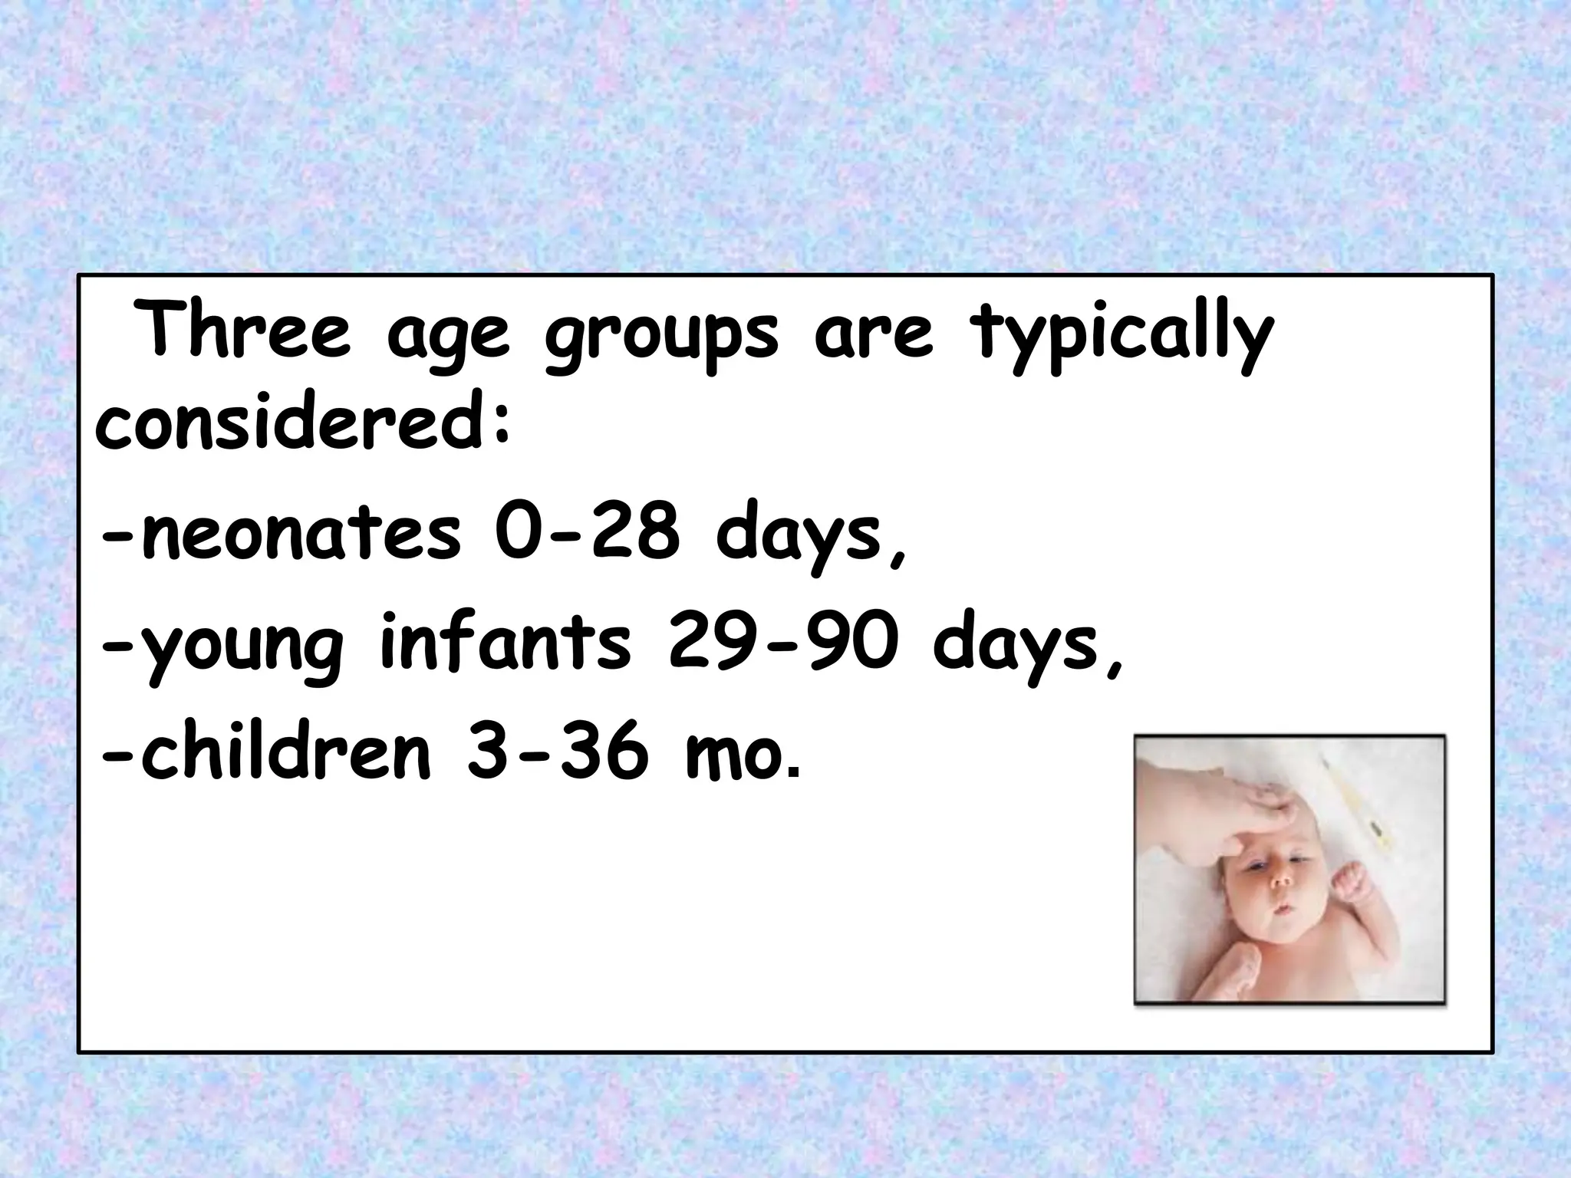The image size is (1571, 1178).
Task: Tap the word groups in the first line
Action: (x=660, y=337)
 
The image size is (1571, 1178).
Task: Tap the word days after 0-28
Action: (x=809, y=537)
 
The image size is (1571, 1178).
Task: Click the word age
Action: (x=449, y=337)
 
